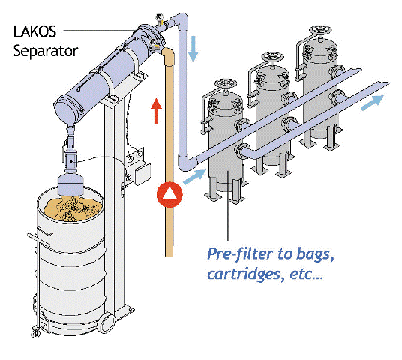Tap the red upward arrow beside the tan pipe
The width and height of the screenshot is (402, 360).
[x=155, y=111]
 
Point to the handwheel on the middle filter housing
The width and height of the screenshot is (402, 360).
[x=270, y=58]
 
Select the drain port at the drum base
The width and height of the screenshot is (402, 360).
[x=106, y=322]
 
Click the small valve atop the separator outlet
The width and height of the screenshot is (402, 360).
[x=159, y=16]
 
